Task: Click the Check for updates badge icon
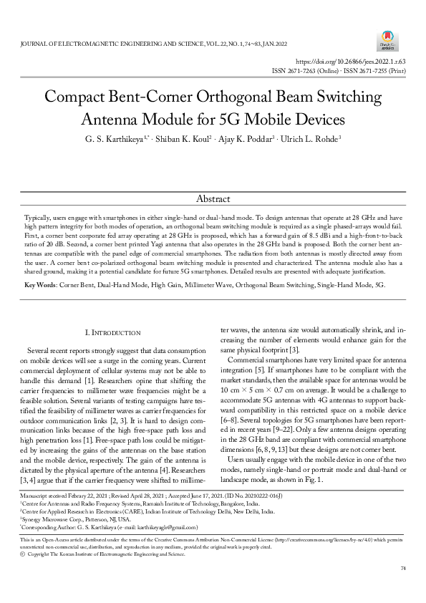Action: click(x=387, y=39)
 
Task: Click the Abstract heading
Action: click(x=213, y=198)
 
